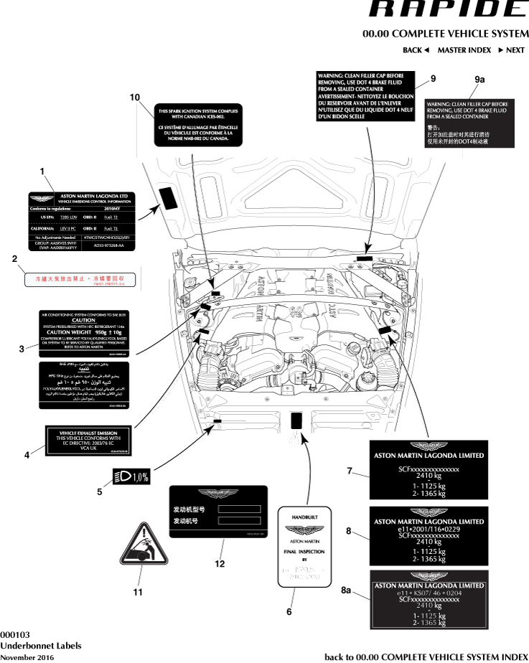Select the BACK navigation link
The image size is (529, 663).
pos(416,50)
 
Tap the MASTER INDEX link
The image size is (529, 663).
pos(464,50)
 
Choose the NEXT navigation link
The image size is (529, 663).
pos(511,50)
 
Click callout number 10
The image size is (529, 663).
pos(134,97)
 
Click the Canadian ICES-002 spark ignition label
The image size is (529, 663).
pos(198,125)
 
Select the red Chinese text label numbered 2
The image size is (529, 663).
pos(80,278)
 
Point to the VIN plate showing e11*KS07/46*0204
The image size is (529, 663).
pos(429,600)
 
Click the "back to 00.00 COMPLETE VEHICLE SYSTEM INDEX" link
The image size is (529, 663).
pos(426,657)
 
